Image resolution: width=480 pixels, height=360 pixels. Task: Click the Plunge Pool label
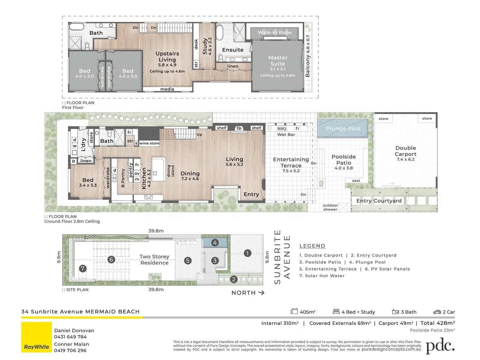343,128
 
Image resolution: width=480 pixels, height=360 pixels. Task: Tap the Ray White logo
37,337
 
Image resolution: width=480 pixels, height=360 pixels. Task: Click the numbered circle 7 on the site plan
83,269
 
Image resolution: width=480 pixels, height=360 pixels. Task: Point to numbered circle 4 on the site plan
215,242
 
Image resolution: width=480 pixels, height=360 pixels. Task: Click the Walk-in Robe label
275,32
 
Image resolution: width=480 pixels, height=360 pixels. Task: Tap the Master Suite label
278,61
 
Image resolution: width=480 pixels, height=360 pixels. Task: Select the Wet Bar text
286,135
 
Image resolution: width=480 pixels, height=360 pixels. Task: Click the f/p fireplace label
239,128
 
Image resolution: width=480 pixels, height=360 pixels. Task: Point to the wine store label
149,143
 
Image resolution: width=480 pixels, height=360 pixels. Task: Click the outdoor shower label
330,207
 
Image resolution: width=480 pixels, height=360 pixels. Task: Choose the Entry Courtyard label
379,201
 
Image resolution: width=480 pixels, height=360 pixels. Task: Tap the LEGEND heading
312,246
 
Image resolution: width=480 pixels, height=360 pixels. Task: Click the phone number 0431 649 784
70,337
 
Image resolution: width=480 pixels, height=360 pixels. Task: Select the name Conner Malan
72,344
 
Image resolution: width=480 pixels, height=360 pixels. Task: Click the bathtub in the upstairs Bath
77,27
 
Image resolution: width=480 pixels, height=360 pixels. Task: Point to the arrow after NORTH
261,293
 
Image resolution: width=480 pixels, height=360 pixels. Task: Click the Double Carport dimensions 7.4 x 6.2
406,159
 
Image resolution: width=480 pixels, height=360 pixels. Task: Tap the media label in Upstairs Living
167,89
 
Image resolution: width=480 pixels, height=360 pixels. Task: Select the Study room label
205,46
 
